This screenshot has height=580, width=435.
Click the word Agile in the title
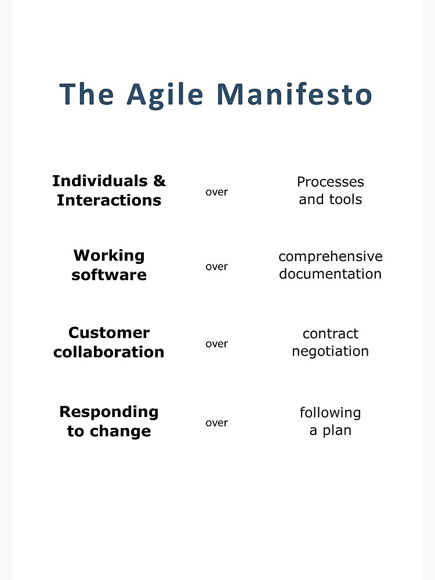coord(165,95)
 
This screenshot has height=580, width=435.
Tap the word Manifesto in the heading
coord(294,94)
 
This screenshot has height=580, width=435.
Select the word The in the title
coord(86,94)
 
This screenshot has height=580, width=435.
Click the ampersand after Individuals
coord(159,181)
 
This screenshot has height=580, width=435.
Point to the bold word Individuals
coord(100,181)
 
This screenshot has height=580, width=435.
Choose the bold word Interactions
coord(109,200)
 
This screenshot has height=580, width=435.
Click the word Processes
coord(331,182)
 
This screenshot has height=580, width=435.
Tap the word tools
coord(346,200)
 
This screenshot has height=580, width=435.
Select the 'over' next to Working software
coord(217,267)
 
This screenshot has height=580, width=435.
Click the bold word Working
coord(109,256)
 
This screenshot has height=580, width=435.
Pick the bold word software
coord(109,275)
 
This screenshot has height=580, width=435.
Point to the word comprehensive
coord(331,256)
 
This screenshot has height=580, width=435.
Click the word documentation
coord(331,274)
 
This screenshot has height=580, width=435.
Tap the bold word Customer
coord(109,333)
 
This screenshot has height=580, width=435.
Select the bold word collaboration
coord(109,352)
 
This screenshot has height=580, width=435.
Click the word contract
coord(331,333)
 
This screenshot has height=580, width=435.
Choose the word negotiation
coord(331,351)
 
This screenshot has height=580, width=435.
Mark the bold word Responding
coord(109,412)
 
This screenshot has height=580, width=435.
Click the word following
coord(331,413)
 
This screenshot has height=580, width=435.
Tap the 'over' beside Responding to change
coord(217,423)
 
